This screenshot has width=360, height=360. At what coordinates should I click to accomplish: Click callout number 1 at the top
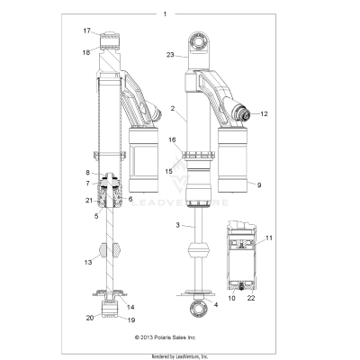[165, 13]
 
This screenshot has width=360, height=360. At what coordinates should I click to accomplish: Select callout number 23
[169, 54]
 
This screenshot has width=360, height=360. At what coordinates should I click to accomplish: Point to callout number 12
[265, 114]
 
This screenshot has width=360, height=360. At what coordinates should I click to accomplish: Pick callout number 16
[172, 140]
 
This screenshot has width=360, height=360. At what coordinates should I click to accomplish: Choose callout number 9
[260, 185]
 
